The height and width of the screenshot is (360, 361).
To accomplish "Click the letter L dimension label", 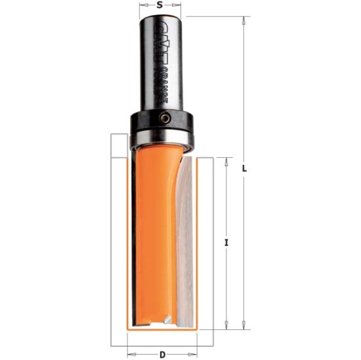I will tap(244, 169).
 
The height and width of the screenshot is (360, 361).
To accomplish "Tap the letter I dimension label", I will tap(226, 243).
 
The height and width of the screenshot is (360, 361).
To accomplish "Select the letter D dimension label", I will tap(163, 355).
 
